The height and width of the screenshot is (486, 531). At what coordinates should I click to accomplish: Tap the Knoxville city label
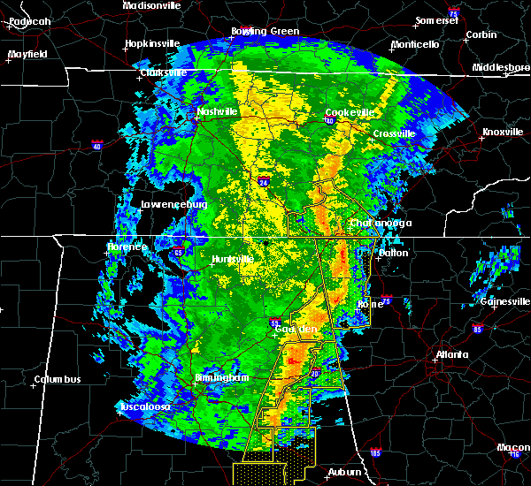[x=503, y=133]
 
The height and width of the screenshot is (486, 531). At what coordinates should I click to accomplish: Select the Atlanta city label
[x=453, y=355]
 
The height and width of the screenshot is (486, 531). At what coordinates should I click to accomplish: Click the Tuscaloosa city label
[x=144, y=406]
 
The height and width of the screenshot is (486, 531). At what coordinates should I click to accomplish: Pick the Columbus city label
[x=58, y=380]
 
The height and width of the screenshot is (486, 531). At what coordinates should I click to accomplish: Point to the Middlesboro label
[x=500, y=67]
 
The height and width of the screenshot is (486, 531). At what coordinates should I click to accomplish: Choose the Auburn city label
[x=346, y=472]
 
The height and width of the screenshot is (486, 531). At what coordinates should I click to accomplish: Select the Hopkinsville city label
[x=152, y=42]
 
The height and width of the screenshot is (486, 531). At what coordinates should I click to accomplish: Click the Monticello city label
[x=415, y=44]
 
